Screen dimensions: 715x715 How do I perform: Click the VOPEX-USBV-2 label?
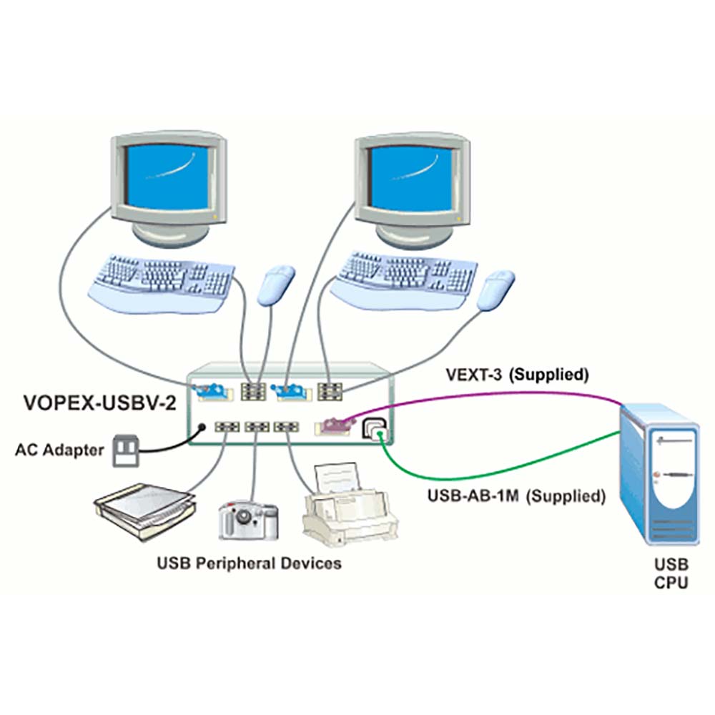pyautogui.click(x=99, y=403)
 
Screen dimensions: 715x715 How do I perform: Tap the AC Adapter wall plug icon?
pyautogui.click(x=126, y=451)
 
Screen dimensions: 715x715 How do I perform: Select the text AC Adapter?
pyautogui.click(x=60, y=450)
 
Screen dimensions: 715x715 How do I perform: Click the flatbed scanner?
pyautogui.click(x=145, y=511)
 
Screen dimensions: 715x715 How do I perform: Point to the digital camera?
pyautogui.click(x=249, y=520)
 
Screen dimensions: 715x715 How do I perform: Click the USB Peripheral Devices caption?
pyautogui.click(x=249, y=563)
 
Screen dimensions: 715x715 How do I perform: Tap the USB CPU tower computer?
pyautogui.click(x=659, y=474)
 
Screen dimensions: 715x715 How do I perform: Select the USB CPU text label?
pyautogui.click(x=671, y=573)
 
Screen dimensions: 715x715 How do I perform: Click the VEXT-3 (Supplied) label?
pyautogui.click(x=517, y=375)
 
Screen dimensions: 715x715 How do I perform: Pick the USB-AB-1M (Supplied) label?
pyautogui.click(x=517, y=495)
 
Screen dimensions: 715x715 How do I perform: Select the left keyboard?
pyautogui.click(x=162, y=282)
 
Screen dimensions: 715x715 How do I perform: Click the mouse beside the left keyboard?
pyautogui.click(x=276, y=285)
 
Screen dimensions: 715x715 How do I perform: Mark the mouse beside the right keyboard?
pyautogui.click(x=495, y=290)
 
